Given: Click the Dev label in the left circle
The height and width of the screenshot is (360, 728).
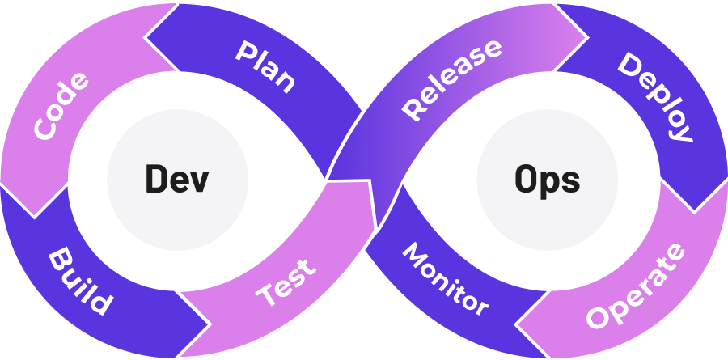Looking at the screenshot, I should click(x=176, y=178).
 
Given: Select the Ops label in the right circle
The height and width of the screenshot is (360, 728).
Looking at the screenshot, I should click(x=547, y=178).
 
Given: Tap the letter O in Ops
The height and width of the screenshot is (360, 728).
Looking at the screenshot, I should click(x=527, y=178).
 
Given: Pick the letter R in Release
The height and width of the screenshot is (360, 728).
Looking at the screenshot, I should click(x=414, y=109).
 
